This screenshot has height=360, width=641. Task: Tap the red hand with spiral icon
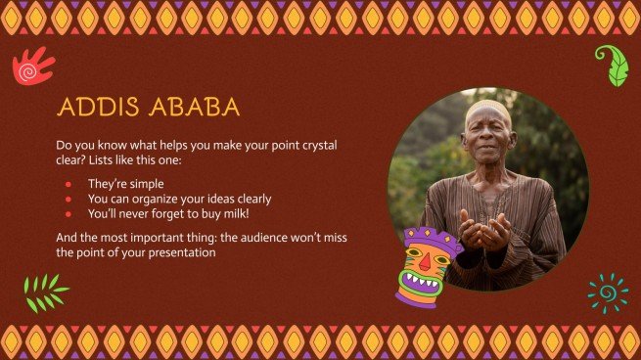pyautogui.click(x=32, y=67)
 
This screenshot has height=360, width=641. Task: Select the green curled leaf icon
pyautogui.click(x=613, y=65)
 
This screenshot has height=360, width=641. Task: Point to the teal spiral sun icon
pyautogui.click(x=608, y=292)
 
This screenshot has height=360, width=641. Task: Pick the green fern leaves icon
pyautogui.click(x=45, y=292)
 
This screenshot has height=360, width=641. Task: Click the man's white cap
pyautogui.click(x=487, y=107)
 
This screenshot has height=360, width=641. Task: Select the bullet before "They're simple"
pyautogui.click(x=69, y=184)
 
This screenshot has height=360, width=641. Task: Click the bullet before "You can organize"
pyautogui.click(x=69, y=199)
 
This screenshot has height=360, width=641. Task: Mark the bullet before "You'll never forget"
pyautogui.click(x=69, y=213)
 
